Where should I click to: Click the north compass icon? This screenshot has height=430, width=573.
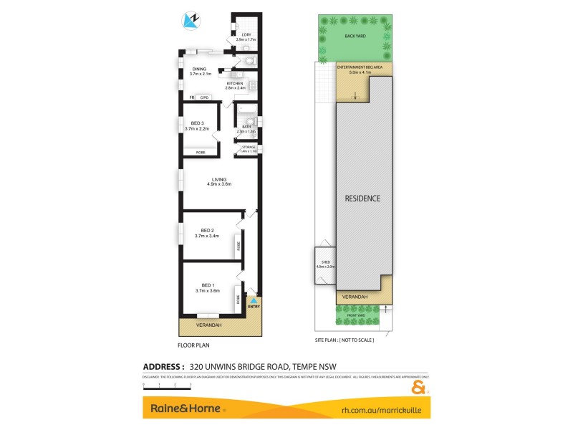191,21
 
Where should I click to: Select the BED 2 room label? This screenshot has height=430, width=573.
207,230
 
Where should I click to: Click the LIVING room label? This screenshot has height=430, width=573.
219,179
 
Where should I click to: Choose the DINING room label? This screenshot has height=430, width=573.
199,70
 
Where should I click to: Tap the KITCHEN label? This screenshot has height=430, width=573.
235,84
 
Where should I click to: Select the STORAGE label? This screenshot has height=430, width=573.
248,147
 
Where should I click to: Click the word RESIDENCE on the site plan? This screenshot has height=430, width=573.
363,198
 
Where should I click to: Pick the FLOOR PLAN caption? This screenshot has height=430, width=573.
193,345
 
